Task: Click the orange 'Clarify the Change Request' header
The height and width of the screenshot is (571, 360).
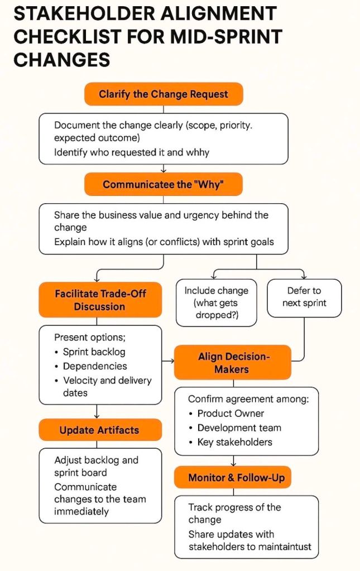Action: coord(164,94)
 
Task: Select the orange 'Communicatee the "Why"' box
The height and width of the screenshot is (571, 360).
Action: coord(164,184)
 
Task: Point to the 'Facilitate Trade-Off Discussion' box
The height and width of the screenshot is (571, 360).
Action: coord(100,300)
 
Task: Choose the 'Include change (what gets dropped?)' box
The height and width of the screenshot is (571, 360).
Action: coord(216,303)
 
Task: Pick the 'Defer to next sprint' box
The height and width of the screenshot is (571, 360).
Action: coord(304,298)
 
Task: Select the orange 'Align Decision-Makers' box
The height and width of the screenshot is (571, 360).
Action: coord(233,363)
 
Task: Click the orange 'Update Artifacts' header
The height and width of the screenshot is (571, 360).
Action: coord(100,430)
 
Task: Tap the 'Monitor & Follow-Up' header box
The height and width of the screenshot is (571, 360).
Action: coord(233,477)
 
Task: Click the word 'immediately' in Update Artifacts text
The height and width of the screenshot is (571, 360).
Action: coord(81,511)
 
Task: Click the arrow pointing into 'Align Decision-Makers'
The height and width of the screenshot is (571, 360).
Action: coord(168,361)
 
